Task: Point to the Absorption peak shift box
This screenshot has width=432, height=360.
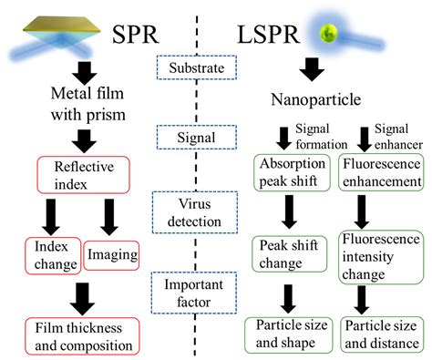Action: (290, 179)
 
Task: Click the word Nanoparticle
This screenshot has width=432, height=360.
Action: (314, 99)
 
